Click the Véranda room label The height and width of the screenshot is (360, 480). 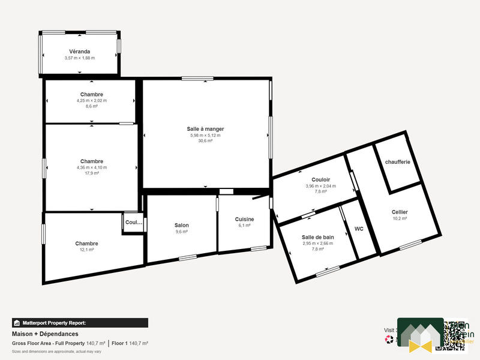[80, 51]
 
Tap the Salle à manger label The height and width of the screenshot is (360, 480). [205, 129]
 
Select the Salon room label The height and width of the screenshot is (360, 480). [181, 225]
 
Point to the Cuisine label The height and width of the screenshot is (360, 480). [244, 219]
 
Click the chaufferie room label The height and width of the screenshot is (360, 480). [397, 162]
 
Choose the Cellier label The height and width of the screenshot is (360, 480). [400, 212]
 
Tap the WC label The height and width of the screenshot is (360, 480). [359, 229]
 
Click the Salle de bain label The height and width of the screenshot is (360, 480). [317, 237]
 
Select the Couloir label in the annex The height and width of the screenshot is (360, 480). [321, 179]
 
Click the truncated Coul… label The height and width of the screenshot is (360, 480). [133, 223]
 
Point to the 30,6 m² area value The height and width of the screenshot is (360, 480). [205, 141]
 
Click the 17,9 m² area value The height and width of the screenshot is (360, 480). [91, 173]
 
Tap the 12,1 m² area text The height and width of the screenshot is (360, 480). [86, 250]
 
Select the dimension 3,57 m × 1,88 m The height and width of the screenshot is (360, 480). [80, 58]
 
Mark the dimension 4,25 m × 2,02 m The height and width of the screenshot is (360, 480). [91, 100]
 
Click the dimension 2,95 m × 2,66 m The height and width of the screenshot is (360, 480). [317, 243]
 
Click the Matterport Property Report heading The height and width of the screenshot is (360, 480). [54, 323]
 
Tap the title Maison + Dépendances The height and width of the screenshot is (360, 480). [45, 334]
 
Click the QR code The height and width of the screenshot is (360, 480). [454, 335]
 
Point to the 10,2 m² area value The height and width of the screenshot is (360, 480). [400, 218]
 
